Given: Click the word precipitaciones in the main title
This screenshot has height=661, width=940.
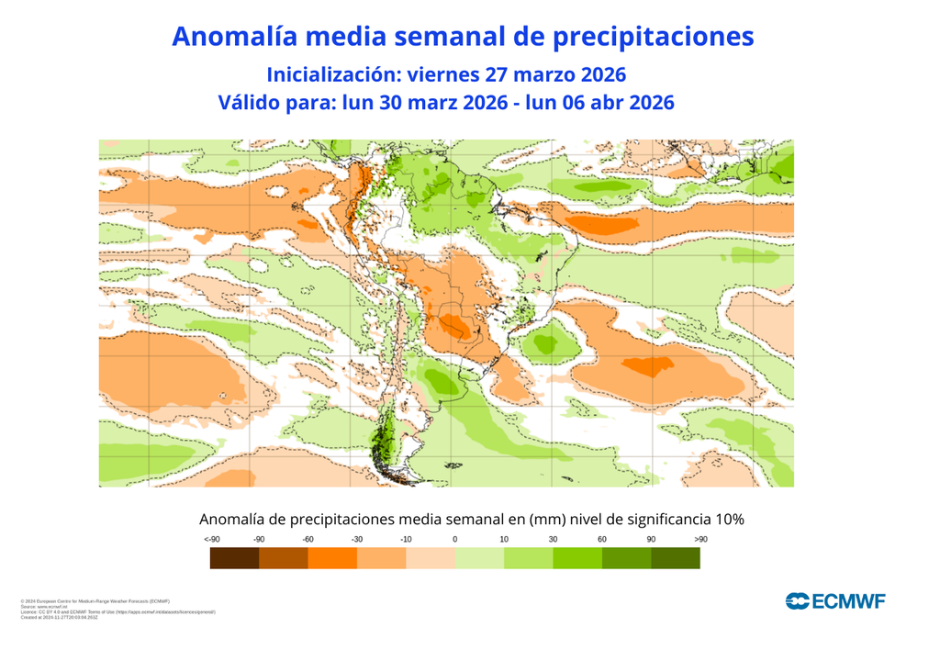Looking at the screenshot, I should point(653,37).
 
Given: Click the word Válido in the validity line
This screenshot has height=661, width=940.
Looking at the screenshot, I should point(249,103).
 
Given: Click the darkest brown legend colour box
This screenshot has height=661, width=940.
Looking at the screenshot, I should point(234,557).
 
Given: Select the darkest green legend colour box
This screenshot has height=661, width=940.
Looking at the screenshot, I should point(676,557).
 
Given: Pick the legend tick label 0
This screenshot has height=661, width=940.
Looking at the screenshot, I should point(455,539).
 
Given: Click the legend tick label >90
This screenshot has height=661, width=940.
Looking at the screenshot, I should point(700,539).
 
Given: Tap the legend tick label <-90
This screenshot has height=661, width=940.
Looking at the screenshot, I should point(212,539).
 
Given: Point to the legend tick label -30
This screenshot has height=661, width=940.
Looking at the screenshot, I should point(357,539).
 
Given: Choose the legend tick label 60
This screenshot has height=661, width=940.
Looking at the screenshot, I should point(602,539).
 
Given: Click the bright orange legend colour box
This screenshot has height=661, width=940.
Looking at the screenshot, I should point(332,557).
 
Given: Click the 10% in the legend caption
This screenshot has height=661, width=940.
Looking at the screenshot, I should point(727,520).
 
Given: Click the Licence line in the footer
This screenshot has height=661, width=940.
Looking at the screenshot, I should point(117,611).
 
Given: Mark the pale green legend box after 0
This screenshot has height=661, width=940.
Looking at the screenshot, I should point(479,557).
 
